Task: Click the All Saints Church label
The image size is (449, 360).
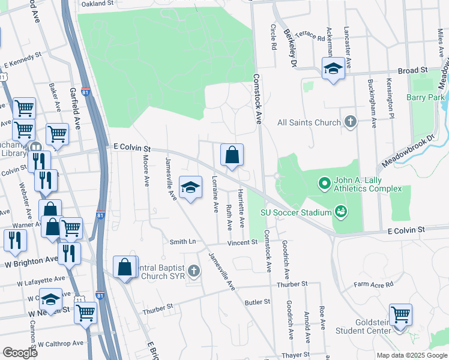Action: point(309,122)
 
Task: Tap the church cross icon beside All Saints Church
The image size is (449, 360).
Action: point(351,122)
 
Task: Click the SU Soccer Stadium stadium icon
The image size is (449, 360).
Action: point(341,211)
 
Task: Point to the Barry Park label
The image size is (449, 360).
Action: point(425,97)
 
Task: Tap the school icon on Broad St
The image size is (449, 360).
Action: point(333,68)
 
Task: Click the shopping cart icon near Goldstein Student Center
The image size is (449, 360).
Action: point(400,314)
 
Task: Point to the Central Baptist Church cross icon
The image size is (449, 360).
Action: point(193,271)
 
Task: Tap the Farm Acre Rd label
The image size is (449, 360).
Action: point(373,284)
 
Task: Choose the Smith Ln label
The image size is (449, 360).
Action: point(182,242)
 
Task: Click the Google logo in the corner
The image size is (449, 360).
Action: point(20,352)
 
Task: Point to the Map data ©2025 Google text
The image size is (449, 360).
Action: point(411,355)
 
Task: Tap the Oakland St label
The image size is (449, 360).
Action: point(97,4)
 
